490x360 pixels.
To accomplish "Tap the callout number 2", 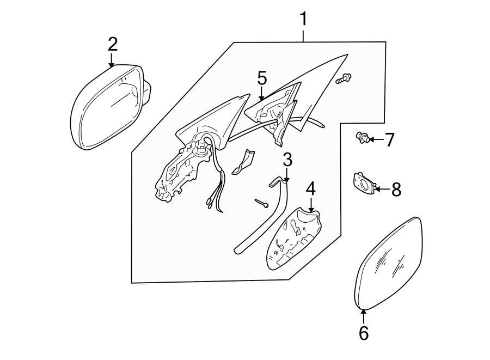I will (x=112, y=44).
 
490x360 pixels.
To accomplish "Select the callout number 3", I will (x=287, y=160).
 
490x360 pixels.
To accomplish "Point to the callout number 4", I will (x=310, y=189).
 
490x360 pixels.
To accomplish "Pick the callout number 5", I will (x=262, y=78).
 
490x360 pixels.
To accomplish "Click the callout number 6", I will (x=364, y=333).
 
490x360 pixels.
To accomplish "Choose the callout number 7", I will (x=389, y=141).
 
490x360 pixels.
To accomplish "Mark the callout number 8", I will (x=396, y=190).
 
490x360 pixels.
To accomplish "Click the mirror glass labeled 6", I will (x=388, y=263).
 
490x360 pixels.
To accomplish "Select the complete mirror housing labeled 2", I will (x=109, y=106).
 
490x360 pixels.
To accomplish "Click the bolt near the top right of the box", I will (x=344, y=78).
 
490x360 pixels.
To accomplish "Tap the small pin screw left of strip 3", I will (x=261, y=203).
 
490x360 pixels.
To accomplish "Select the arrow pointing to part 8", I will (x=381, y=190).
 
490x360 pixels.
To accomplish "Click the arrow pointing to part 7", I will (x=376, y=141).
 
